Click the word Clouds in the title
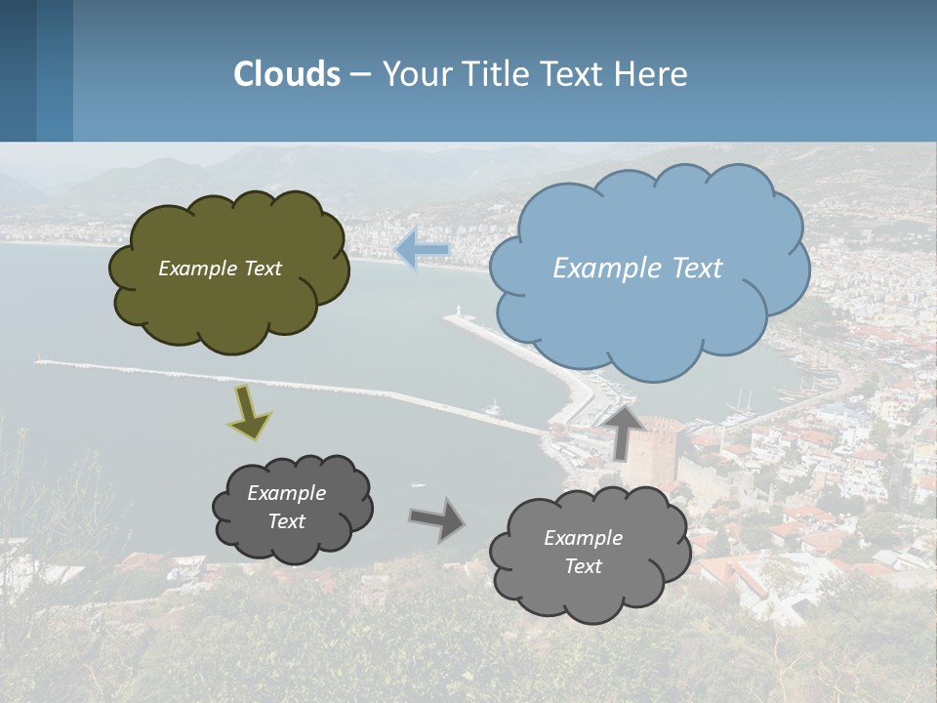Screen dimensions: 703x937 [x=287, y=74]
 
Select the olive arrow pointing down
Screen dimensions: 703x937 [x=248, y=411]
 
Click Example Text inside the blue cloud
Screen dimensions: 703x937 [x=637, y=269]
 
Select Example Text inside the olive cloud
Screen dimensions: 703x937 [x=220, y=269]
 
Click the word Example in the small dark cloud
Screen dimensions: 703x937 [x=286, y=493]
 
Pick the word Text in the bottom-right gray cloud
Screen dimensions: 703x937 [x=583, y=566]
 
